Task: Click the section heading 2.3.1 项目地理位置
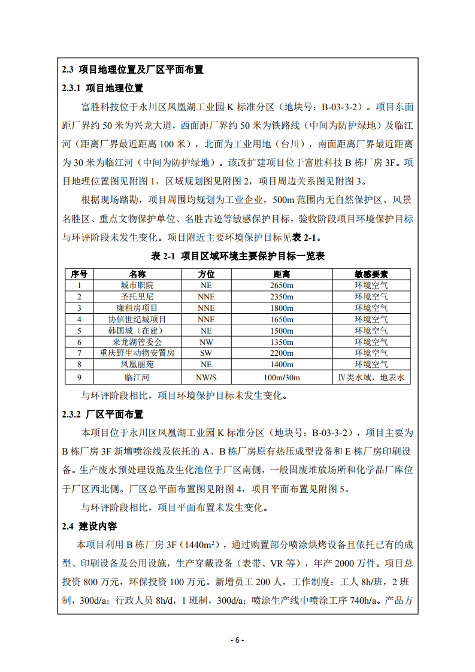coord(102,88)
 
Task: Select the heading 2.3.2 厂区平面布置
coord(102,414)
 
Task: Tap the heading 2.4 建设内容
coord(89,526)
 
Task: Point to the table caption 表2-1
coord(238,256)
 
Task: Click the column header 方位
coord(205,274)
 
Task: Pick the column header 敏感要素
coord(371,274)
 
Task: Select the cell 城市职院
coord(137,285)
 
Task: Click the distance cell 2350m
coord(282,296)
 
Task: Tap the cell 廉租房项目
coord(137,308)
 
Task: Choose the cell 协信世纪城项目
coord(137,319)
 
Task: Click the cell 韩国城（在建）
coord(137,331)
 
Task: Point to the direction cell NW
coord(205,342)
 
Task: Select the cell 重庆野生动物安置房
coord(137,353)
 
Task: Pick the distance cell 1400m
coord(282,364)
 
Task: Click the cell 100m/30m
coord(282,377)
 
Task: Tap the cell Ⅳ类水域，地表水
coord(371,377)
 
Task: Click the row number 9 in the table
coord(79,377)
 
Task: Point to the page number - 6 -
coord(237,640)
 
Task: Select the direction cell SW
coord(205,353)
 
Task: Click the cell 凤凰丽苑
coord(137,364)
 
